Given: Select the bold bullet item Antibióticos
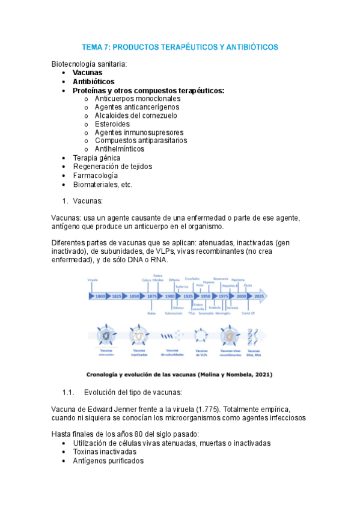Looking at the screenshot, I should (x=93, y=81).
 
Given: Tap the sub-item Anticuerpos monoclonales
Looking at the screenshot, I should (x=137, y=98).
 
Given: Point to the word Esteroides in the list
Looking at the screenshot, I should (x=112, y=124).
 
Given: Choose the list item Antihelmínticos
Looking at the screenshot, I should (x=120, y=149).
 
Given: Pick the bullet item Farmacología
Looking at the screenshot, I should (x=96, y=175).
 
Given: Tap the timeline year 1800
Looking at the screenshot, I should (x=100, y=296).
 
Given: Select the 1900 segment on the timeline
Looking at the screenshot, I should (x=170, y=296).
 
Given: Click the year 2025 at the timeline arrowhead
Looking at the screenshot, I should (x=259, y=296).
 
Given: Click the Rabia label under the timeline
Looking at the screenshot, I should (x=151, y=313).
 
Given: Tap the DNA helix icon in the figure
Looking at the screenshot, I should (x=254, y=334).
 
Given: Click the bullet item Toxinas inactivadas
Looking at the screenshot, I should (x=105, y=452).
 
